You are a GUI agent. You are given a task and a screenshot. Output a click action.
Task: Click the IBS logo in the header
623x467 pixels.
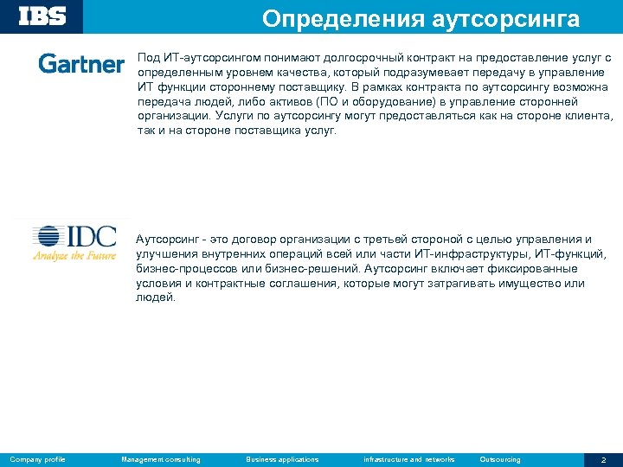tap(43, 16)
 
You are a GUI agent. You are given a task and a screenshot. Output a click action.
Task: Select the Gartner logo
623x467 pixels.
tap(81, 63)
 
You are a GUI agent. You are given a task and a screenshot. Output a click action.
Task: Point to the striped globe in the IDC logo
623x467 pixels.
tap(49, 237)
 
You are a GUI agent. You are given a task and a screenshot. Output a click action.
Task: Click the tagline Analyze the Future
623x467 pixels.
tap(74, 256)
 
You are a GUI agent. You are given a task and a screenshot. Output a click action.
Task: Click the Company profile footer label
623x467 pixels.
tap(38, 459)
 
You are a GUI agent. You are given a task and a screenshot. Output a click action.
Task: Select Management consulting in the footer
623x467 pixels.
tap(161, 459)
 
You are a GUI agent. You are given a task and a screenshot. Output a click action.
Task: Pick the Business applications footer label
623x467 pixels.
tap(282, 459)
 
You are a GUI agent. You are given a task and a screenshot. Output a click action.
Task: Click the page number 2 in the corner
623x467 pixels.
tap(603, 459)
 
